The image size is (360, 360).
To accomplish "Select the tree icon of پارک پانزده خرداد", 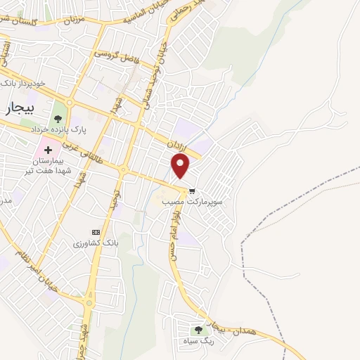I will click(58, 117).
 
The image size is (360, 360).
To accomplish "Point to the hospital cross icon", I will click(49, 150).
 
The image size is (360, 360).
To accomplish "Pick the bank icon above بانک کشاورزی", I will click(96, 232).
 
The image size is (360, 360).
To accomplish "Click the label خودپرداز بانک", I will click(25, 83).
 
